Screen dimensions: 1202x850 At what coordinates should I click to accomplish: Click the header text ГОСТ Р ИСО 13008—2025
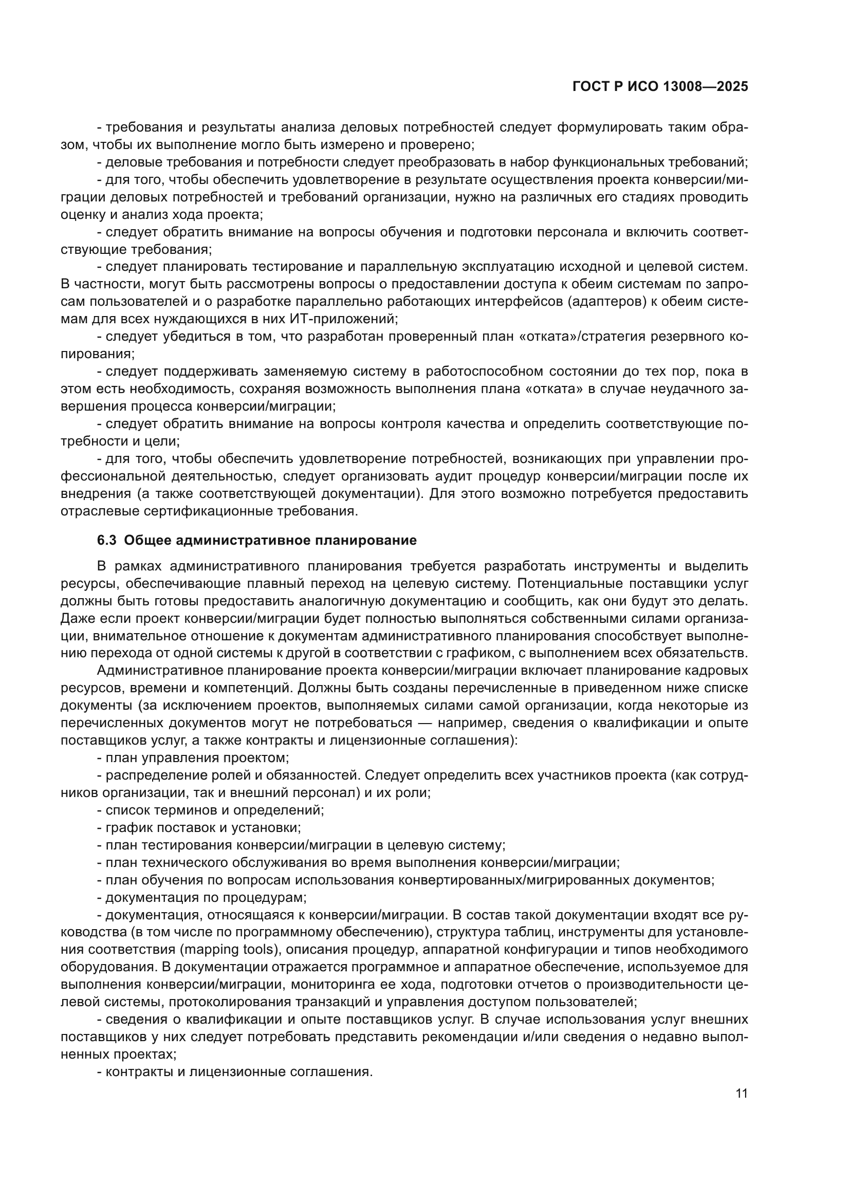tap(660, 87)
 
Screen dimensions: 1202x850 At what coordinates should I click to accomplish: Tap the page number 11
tap(741, 1094)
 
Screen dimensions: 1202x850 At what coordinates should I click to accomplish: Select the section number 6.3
tap(107, 540)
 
